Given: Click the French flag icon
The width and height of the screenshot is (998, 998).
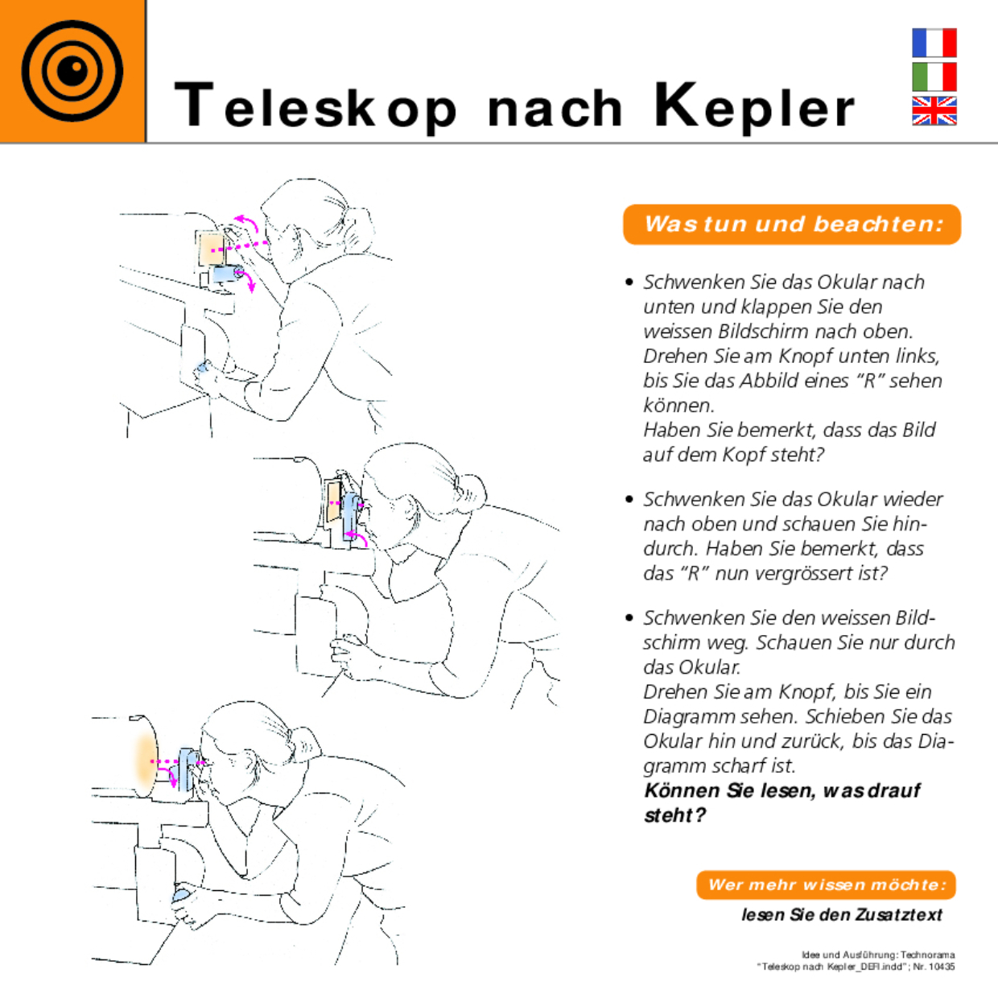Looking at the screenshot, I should tap(934, 43).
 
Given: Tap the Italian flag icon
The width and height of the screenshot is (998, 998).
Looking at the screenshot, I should tap(934, 77).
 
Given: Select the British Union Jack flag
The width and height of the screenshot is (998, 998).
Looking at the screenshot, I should tap(934, 111).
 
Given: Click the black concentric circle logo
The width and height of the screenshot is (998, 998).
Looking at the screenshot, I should tap(72, 71).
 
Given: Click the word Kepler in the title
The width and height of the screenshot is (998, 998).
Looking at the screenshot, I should tap(753, 106).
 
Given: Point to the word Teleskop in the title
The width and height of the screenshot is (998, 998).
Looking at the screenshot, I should tap(315, 106).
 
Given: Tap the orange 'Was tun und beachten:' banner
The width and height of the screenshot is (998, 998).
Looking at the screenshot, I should tap(792, 224).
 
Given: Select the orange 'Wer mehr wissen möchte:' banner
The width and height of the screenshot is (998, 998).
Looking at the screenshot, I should tap(826, 885).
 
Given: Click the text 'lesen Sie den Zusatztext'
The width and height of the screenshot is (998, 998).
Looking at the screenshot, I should tap(842, 914).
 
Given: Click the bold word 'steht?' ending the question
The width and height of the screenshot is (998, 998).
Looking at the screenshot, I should tap(674, 815).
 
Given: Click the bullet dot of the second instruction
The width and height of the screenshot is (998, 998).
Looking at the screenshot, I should tap(629, 499).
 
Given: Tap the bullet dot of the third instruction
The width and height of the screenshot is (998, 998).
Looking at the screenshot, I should tap(629, 617).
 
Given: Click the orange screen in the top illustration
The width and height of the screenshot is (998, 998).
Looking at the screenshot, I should tap(211, 248).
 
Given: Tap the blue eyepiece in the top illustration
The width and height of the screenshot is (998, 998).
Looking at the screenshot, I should tap(226, 274).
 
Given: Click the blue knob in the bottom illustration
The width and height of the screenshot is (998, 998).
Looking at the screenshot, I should tap(183, 895).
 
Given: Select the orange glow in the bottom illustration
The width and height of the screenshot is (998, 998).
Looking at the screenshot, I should tap(144, 761).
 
